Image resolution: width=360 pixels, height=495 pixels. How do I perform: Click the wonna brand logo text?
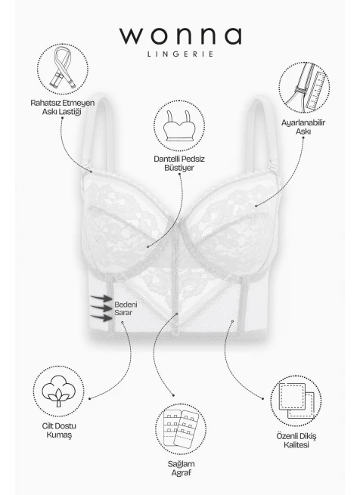click(181, 36)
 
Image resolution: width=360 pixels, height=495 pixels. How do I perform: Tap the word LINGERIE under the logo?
click(181, 54)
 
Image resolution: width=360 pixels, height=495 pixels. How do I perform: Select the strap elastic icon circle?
click(63, 69)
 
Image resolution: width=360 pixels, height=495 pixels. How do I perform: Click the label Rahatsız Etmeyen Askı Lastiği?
click(62, 107)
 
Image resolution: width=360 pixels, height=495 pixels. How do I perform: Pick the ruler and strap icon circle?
click(304, 88)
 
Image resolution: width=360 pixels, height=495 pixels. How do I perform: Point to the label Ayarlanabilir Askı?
click(303, 127)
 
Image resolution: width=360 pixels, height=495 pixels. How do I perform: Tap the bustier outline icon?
click(179, 126)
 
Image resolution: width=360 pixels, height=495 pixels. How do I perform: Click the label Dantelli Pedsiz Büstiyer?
click(179, 163)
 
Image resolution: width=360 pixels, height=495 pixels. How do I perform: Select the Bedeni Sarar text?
click(126, 309)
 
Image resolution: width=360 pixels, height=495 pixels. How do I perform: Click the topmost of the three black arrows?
click(101, 298)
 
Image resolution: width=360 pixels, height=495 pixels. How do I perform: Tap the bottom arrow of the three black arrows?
click(101, 317)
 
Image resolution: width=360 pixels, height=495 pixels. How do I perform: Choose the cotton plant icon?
click(59, 391)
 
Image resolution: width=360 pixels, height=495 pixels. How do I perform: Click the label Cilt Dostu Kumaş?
click(59, 430)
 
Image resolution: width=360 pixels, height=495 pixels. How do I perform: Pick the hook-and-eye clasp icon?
click(181, 428)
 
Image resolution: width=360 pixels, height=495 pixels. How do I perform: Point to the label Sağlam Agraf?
click(181, 469)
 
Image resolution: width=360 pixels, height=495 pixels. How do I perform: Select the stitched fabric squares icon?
click(296, 401)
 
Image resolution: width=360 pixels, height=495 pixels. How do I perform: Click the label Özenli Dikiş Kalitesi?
click(296, 441)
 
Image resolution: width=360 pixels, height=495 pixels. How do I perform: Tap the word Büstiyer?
click(179, 168)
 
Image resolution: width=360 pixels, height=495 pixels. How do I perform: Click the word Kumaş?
click(59, 435)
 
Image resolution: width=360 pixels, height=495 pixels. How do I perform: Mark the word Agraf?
click(181, 473)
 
